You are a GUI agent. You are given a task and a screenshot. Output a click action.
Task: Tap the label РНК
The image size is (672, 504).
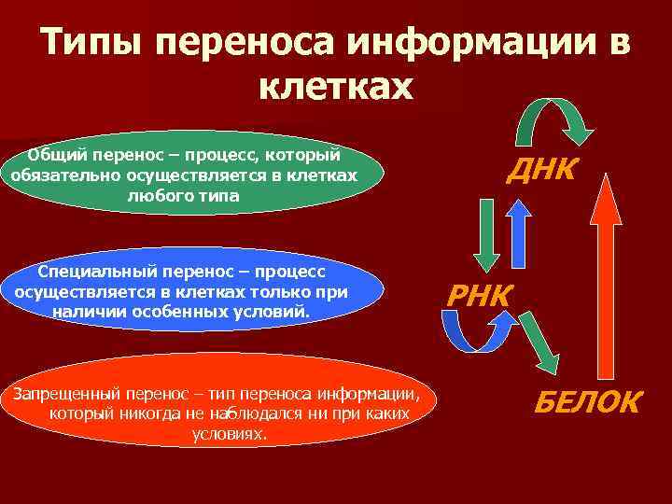point(480,296)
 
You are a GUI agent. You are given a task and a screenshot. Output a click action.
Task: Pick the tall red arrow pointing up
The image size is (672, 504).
point(608,280)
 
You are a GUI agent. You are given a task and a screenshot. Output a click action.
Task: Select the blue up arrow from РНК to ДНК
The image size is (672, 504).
point(517,233)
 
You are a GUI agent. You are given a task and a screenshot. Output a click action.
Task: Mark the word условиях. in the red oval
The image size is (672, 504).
point(230,434)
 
